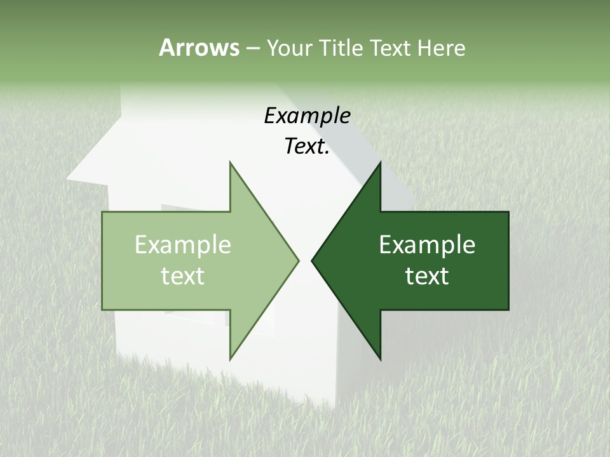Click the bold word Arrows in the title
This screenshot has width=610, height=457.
(199, 48)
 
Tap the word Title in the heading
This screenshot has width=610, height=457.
(341, 48)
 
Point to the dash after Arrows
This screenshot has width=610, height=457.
(252, 48)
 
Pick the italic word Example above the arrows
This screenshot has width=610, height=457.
(307, 116)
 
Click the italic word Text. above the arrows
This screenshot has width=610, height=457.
(307, 147)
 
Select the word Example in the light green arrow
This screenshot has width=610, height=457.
(183, 245)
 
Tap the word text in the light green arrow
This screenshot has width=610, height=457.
(183, 276)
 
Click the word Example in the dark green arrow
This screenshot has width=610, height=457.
(427, 245)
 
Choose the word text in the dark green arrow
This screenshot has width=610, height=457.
(427, 276)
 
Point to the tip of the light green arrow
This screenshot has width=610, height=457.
(299, 260)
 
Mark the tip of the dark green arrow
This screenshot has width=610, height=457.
(312, 260)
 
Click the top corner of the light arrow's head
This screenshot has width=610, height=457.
(230, 162)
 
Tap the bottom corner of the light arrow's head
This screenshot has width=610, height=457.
(230, 359)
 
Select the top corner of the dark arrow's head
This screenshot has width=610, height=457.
(381, 162)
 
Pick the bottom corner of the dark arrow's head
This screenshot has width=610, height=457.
(381, 359)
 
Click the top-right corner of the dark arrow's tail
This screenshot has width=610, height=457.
(508, 212)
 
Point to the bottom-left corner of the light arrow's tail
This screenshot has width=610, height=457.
(102, 310)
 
